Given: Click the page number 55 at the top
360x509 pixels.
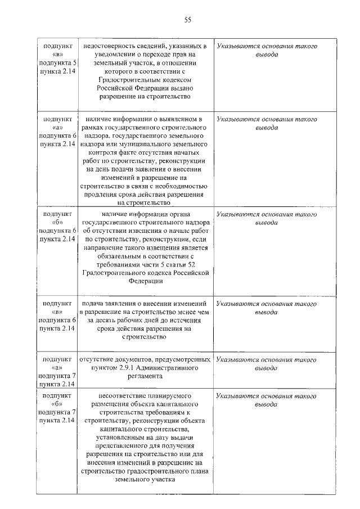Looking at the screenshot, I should tap(188, 20).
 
